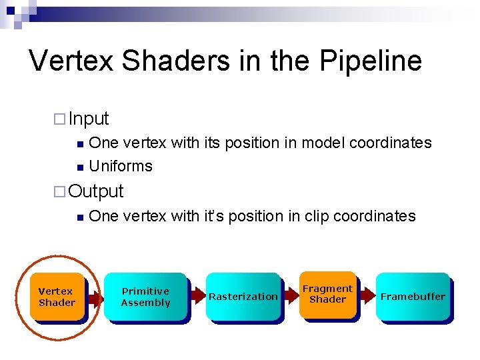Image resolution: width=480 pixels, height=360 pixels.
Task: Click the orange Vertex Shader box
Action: pos(57,297)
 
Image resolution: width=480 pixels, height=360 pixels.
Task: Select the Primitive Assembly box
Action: pos(145,297)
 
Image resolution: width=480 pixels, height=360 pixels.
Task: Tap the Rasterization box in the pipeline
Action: pos(243,297)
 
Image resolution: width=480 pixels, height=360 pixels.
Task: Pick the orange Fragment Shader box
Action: pos(327,294)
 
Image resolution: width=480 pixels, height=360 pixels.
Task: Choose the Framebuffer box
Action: pos(413,297)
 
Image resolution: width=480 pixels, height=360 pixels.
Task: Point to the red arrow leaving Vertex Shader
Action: pos(96,299)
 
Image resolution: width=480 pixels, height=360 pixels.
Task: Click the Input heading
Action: pos(89,119)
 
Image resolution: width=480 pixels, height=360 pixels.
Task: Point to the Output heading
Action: pos(96,191)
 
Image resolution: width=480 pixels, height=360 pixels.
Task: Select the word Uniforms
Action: pos(121,166)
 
